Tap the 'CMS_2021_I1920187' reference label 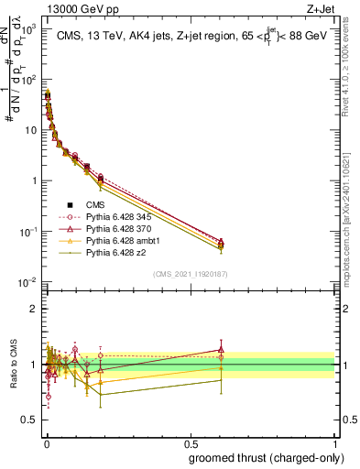(190, 273)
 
